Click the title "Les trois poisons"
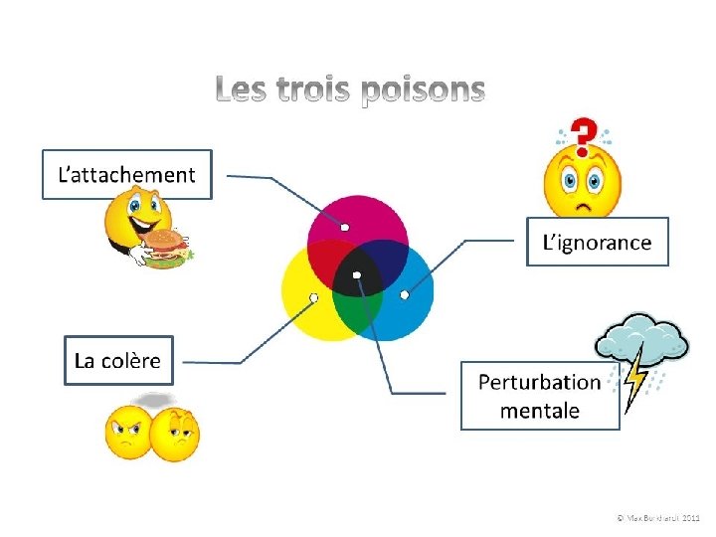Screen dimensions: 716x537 (351, 91)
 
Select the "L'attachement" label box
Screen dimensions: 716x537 (127, 175)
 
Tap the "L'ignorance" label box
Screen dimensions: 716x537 (597, 242)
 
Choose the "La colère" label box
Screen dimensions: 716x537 (117, 360)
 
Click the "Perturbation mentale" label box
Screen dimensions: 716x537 (540, 395)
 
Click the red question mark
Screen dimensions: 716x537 (587, 133)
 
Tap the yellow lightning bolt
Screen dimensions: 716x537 (634, 383)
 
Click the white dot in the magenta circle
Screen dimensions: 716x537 (344, 227)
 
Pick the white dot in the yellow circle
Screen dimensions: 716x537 (313, 297)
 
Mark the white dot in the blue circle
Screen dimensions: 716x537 (404, 295)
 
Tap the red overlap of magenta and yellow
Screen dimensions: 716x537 (327, 261)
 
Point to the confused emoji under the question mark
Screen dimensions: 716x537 (582, 184)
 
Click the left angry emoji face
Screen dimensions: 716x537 (128, 433)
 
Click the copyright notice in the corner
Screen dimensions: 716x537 (657, 518)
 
